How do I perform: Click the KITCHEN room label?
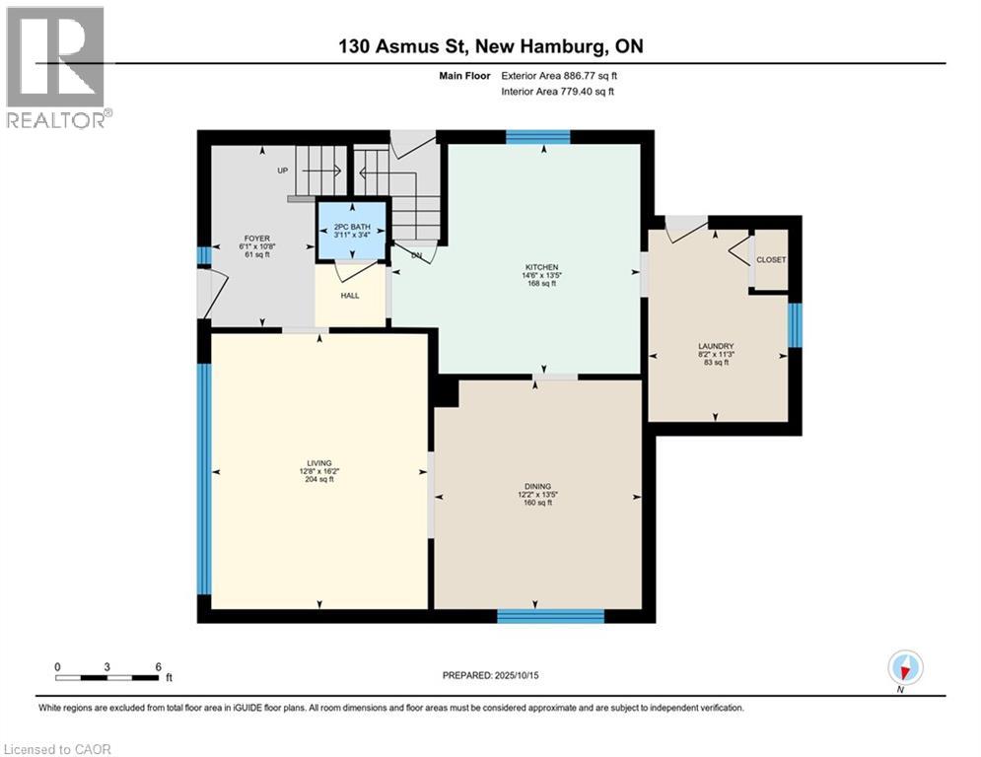(x=542, y=267)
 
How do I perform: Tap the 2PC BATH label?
(x=353, y=228)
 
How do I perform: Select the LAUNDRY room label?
(x=716, y=346)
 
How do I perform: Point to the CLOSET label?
(x=772, y=260)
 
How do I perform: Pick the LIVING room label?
(x=319, y=463)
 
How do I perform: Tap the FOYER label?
(x=257, y=239)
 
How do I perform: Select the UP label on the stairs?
(x=283, y=171)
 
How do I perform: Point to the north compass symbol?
(x=904, y=668)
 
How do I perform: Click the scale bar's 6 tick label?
(x=159, y=666)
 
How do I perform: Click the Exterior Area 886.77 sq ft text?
(x=559, y=75)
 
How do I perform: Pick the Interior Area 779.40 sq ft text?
(x=558, y=92)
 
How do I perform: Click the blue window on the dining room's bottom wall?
(x=550, y=616)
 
